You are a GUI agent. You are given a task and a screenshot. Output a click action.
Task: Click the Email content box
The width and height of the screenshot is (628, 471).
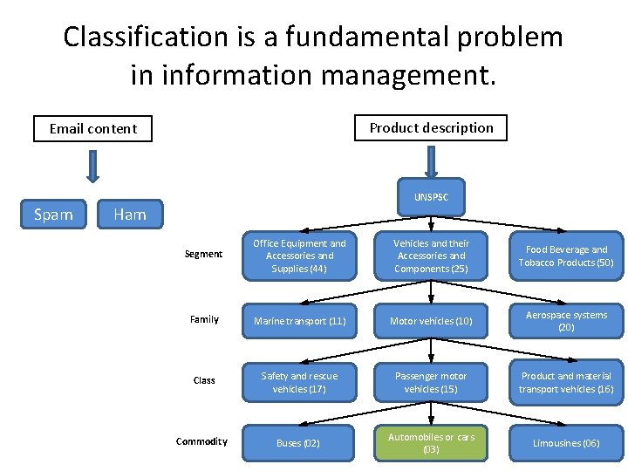coord(92,129)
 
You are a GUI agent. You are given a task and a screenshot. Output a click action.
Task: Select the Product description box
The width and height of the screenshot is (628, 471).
coord(431,128)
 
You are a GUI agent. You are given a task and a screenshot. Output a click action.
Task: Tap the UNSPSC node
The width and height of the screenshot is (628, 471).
coord(431,197)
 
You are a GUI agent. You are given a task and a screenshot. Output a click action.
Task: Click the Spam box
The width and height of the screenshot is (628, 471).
coord(53,214)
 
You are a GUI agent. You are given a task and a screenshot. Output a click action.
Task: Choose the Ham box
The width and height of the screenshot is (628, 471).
coord(130,214)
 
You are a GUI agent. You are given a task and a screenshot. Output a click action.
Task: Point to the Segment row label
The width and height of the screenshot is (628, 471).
coord(203,254)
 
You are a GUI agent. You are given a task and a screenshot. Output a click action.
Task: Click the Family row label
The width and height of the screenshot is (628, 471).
coord(204,319)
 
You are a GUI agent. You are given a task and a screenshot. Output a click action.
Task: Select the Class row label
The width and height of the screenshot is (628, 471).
coord(204,380)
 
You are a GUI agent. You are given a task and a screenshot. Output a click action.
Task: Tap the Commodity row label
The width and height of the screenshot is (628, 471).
coord(201,441)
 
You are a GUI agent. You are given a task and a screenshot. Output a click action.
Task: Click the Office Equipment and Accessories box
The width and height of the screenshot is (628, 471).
coord(299,256)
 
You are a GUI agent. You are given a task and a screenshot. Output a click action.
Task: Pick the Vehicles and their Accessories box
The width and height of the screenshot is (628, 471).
coord(431,256)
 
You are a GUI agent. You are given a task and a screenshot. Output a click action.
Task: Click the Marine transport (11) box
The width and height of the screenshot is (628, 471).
coord(299,321)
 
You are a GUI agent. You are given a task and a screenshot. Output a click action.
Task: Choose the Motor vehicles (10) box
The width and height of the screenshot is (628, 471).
coord(431,321)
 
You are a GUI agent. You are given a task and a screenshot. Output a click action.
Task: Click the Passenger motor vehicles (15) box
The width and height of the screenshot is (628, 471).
coord(431,382)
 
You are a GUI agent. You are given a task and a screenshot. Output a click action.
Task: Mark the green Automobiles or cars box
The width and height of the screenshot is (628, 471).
coord(431,443)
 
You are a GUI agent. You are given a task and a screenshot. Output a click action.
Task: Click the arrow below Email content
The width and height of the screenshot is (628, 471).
coord(92,166)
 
